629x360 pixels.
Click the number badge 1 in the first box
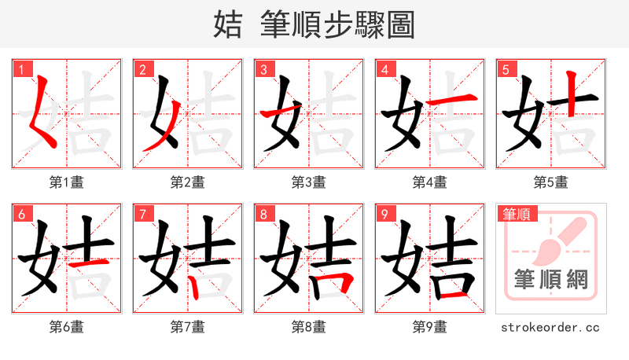20,69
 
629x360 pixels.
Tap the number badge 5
505,69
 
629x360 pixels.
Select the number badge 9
384,214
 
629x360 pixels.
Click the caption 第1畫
66,182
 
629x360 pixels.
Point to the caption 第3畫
308,182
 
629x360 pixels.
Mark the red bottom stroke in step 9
456,297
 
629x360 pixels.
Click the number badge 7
142,214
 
